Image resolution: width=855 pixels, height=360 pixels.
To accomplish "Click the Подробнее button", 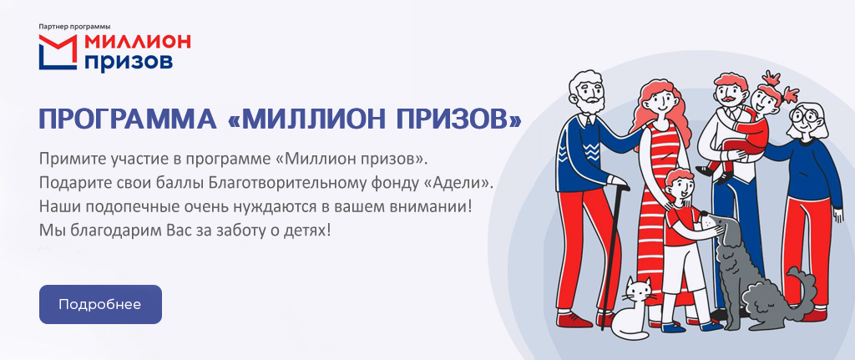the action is coord(100,304).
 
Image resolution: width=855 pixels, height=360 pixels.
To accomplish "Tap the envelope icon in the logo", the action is coord(58,53).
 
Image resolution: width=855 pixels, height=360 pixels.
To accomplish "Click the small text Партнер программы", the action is coord(74,26).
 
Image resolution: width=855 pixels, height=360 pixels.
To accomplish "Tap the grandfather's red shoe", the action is coord(573,320).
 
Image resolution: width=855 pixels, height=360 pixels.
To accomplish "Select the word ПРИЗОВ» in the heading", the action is coord(458,119).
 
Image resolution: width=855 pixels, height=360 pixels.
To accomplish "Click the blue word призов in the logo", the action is coord(129,61).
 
